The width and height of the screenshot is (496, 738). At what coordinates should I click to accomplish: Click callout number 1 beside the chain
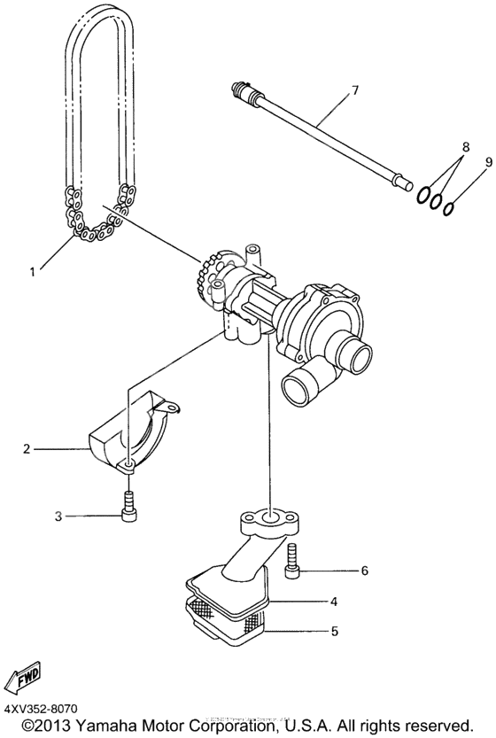point(32,272)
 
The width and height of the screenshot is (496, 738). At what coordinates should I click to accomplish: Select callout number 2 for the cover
point(27,449)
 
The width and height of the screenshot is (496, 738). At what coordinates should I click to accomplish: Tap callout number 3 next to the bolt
point(59,515)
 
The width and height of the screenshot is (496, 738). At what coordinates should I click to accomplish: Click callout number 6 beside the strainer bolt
point(363,571)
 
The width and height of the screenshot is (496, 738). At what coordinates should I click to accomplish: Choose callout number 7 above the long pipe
point(354,89)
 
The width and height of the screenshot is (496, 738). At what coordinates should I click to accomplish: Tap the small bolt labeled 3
point(128,507)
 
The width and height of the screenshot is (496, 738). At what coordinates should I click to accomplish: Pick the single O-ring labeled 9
point(450,207)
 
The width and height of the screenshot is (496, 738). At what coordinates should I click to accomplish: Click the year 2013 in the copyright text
point(49,724)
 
